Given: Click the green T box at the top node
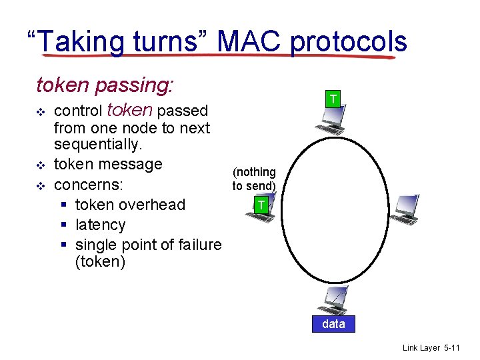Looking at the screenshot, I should (334, 100).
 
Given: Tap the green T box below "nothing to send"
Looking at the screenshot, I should (262, 205).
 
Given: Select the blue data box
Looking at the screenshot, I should (333, 324).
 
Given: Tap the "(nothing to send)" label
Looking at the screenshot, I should (254, 179).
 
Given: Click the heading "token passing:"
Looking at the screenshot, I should (105, 85).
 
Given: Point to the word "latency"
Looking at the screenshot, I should (100, 225).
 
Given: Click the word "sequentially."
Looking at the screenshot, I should (98, 145).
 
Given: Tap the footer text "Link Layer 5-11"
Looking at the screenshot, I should (431, 348).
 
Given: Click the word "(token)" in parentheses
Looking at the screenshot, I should (100, 261).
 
